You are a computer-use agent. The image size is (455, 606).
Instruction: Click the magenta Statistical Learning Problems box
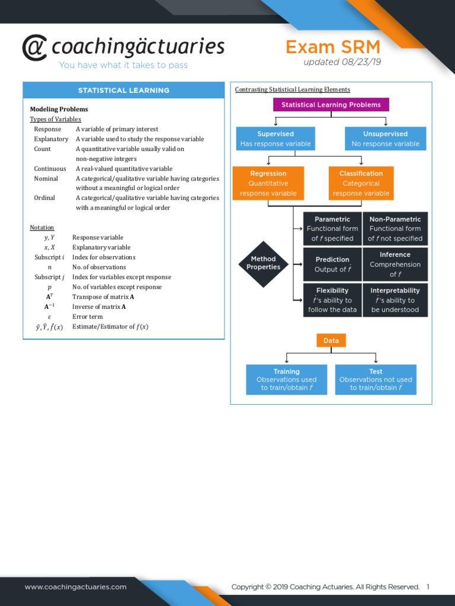click(331, 105)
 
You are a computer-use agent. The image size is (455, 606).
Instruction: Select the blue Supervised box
click(275, 138)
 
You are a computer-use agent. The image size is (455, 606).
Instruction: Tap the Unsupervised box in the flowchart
click(385, 138)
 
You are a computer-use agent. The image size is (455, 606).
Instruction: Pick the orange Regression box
click(268, 183)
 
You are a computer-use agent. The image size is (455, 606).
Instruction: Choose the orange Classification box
click(361, 183)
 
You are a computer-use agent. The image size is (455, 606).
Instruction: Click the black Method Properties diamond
click(263, 263)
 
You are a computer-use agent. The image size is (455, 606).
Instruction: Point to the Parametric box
click(332, 228)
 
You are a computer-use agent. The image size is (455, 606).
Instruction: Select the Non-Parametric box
click(395, 228)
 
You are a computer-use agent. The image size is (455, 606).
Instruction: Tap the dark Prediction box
click(332, 264)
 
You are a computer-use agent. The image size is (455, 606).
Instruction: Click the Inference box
click(395, 264)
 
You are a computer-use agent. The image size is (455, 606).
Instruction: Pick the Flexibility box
click(332, 299)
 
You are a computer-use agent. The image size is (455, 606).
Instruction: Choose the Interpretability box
click(395, 299)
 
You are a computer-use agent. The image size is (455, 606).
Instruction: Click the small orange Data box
click(331, 341)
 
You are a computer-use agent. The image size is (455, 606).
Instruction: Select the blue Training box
click(286, 379)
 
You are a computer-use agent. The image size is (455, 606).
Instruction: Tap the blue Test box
click(376, 379)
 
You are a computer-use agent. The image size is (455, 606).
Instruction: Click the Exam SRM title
click(332, 47)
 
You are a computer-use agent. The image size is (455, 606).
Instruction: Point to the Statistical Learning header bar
click(124, 91)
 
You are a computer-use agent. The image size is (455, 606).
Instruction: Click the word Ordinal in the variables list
click(44, 198)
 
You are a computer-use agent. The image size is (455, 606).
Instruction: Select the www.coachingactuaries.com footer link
click(75, 587)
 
